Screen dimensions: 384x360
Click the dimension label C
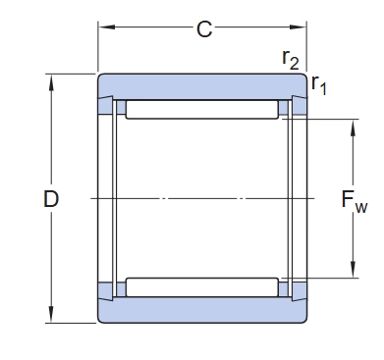pos(204,29)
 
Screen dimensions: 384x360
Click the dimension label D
pos(51,199)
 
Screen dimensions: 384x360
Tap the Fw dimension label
pos(355,201)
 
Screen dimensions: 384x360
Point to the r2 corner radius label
pos(291,60)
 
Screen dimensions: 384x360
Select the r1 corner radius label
pos(318,84)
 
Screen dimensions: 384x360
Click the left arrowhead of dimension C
pos(107,26)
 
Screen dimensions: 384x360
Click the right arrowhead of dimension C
pos(298,26)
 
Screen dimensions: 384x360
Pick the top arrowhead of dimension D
pos(51,82)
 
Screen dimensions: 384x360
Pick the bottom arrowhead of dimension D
pos(51,314)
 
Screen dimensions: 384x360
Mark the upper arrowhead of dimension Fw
pos(353,128)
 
